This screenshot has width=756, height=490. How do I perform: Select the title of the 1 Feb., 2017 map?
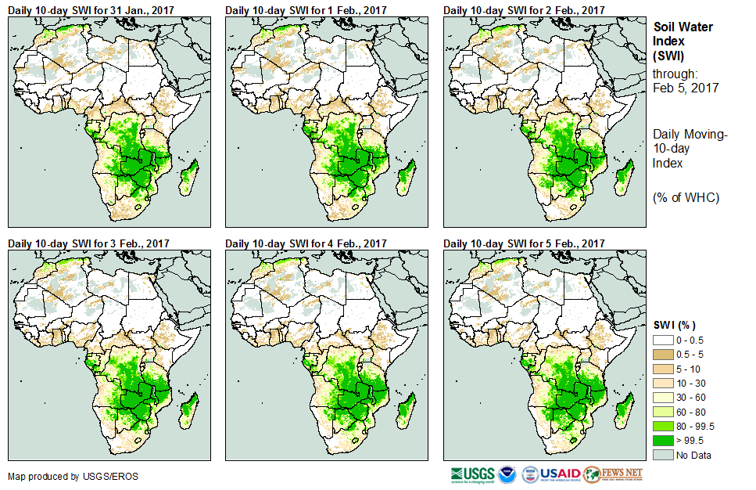tap(306, 10)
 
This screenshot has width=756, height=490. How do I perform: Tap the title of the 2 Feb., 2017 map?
tap(524, 10)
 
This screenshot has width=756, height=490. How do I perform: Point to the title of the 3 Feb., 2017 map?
tap(88, 243)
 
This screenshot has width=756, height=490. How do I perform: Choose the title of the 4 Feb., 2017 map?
tap(306, 243)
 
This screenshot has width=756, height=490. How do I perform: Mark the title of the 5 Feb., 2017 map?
tap(524, 243)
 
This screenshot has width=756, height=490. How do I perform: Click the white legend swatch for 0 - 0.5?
tap(663, 339)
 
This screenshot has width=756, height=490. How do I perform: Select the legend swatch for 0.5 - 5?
tap(663, 354)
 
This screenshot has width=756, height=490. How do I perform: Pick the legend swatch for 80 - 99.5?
tap(663, 426)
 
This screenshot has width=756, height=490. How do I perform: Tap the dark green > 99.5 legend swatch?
tap(663, 441)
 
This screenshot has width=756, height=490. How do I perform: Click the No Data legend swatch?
tap(663, 455)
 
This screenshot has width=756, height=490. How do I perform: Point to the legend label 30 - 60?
tap(691, 397)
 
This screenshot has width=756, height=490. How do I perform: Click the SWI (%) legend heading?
tap(675, 325)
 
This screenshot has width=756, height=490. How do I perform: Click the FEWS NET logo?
tap(613, 474)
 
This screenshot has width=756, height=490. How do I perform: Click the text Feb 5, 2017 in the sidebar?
tap(686, 88)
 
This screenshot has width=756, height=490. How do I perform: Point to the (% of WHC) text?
tap(686, 196)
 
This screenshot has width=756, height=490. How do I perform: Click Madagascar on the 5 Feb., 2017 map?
tap(624, 411)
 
